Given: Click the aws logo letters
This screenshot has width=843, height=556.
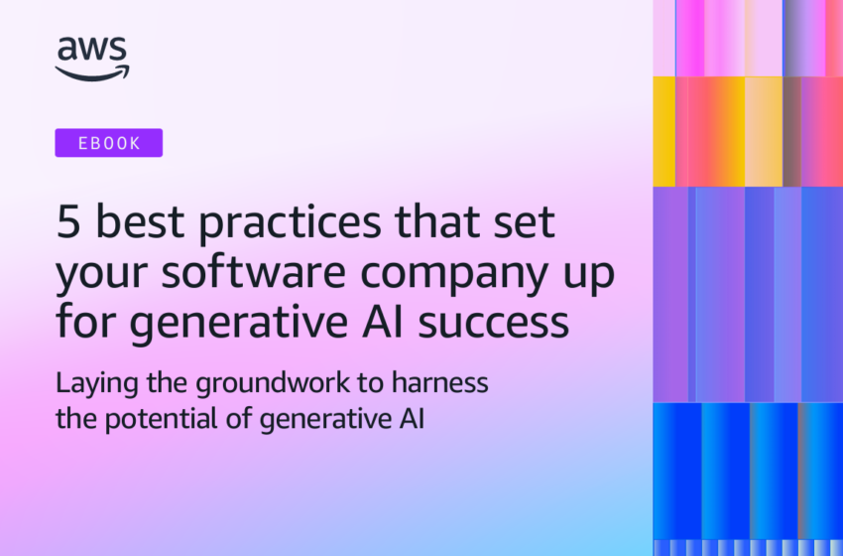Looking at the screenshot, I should point(92,50).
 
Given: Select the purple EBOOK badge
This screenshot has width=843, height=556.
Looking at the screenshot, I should point(109,143).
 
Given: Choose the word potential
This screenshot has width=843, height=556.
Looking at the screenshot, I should point(149,418).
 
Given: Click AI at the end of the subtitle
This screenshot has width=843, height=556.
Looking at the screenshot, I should point(411,418).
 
